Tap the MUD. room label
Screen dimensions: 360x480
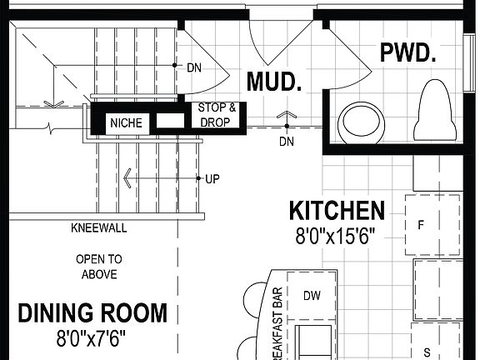tap(273, 82)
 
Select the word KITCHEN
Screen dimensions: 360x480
tap(337, 210)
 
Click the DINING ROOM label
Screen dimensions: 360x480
tap(92, 313)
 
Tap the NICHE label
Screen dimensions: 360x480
tap(127, 123)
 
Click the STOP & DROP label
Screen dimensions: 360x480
tap(217, 115)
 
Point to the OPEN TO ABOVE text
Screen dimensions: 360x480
tap(98, 267)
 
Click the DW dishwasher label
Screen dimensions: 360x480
tap(312, 295)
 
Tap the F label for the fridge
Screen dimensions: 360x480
tap(422, 224)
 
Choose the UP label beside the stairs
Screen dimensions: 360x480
tap(212, 178)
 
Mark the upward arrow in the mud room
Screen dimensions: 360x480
tap(287, 116)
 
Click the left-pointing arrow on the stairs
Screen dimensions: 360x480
tap(127, 177)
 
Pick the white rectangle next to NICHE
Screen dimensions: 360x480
tap(170, 122)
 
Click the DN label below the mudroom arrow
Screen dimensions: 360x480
tap(286, 142)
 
